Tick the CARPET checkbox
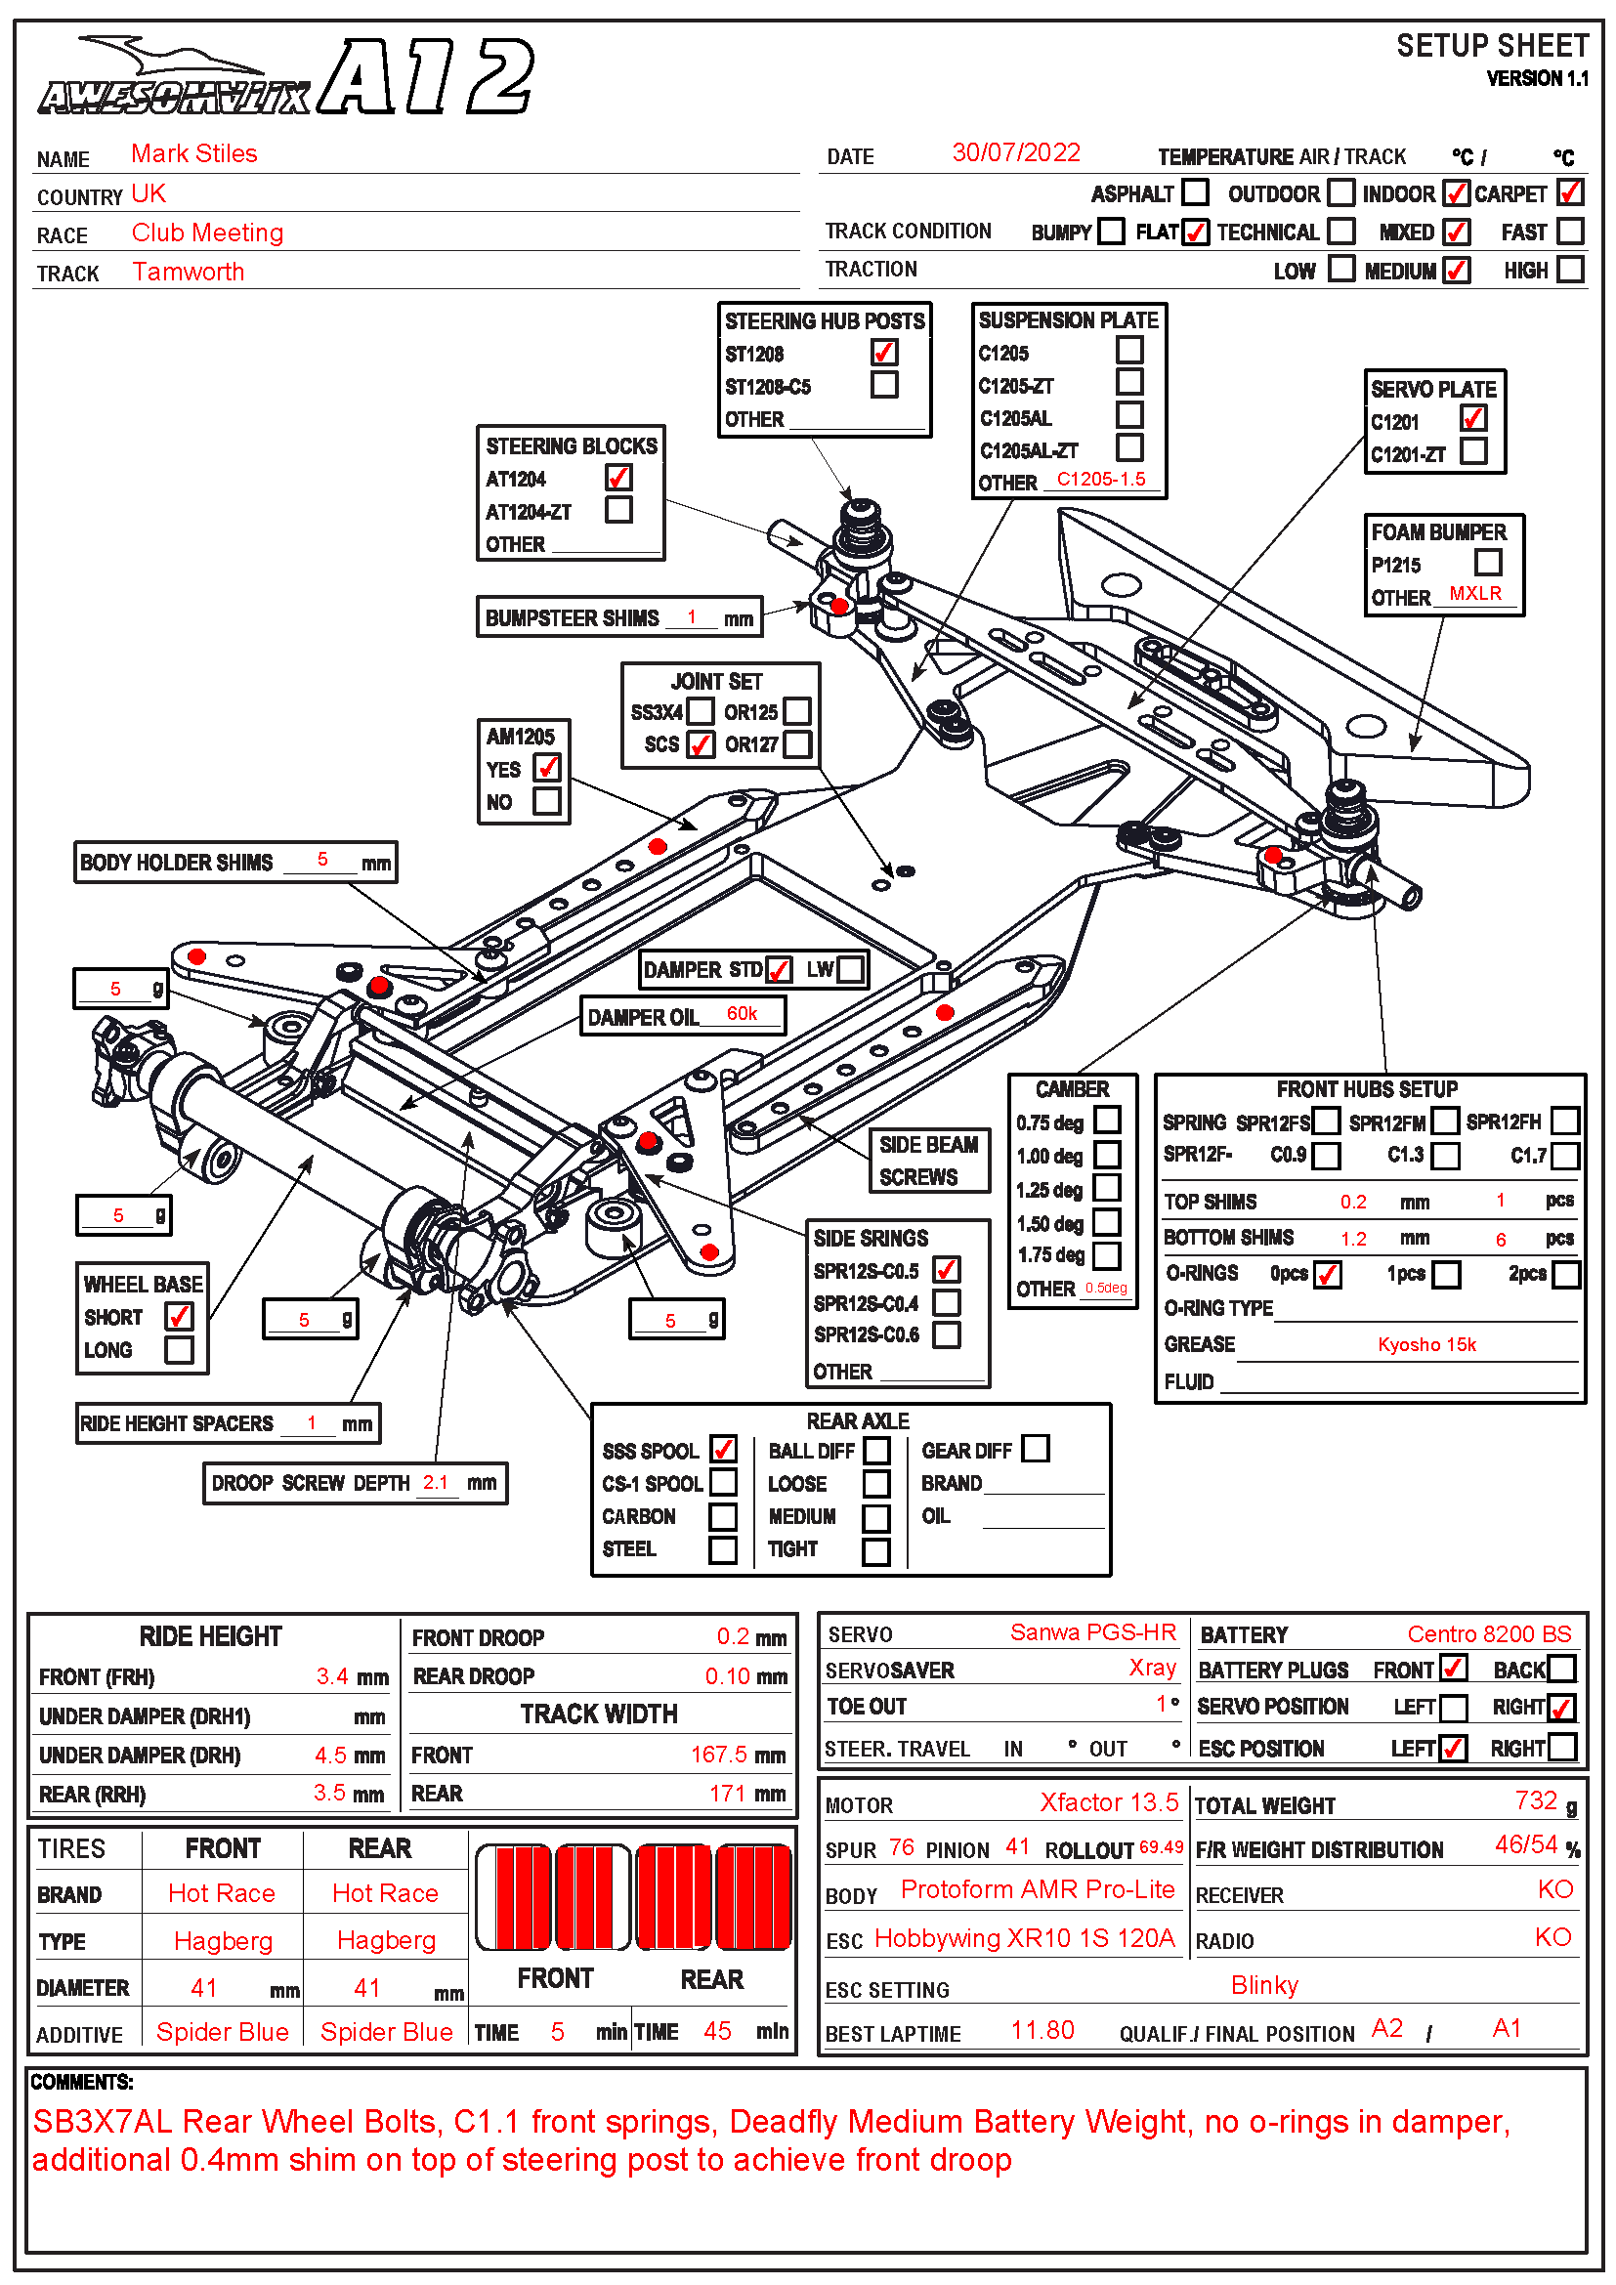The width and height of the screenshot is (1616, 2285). click(x=1569, y=192)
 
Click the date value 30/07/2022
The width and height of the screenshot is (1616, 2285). click(x=1015, y=152)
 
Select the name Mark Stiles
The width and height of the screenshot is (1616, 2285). click(x=194, y=153)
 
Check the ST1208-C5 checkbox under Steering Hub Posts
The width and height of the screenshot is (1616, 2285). click(x=883, y=385)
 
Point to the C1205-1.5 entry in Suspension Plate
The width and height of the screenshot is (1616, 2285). click(x=1100, y=479)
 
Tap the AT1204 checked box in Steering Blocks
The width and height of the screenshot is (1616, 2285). click(x=617, y=478)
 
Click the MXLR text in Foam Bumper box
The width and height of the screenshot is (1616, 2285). click(x=1474, y=593)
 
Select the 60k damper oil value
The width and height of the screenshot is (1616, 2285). click(x=742, y=1013)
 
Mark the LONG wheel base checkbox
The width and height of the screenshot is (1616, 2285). click(x=179, y=1349)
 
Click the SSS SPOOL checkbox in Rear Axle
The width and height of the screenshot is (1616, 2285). click(x=723, y=1449)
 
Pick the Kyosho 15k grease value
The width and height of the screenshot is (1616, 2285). click(x=1425, y=1344)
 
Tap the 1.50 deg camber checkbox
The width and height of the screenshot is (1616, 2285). click(x=1107, y=1222)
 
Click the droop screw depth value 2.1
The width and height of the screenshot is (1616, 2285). click(x=435, y=1482)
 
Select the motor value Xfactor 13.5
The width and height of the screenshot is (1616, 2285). click(x=1109, y=1802)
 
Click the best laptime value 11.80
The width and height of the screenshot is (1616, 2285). click(x=1042, y=2030)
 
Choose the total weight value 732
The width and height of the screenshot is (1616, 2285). click(x=1536, y=1800)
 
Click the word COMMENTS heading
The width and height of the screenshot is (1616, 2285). click(x=82, y=2082)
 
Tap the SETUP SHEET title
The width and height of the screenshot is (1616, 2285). click(x=1492, y=47)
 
